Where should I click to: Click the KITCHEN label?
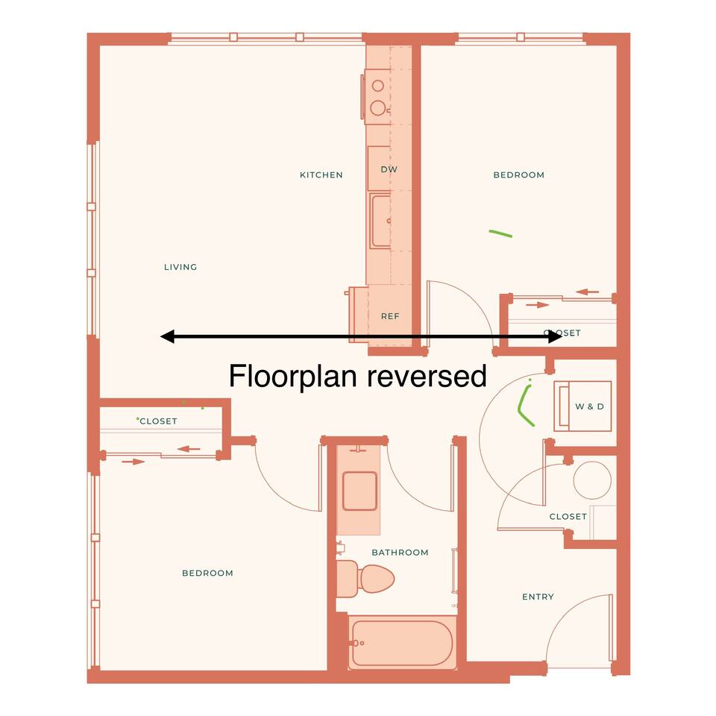tap(321, 175)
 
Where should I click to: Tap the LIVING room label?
tap(180, 267)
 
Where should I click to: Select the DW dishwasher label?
tap(389, 169)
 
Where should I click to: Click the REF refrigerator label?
tap(390, 316)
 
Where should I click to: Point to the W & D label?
tap(589, 406)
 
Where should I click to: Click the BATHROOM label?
tap(400, 553)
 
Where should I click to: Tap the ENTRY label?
tap(538, 597)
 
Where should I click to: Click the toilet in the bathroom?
tap(365, 579)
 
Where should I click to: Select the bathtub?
tap(401, 642)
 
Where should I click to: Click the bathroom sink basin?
tap(359, 491)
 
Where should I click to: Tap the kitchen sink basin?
tap(380, 221)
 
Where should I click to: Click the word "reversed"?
tap(427, 376)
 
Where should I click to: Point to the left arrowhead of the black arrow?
tap(167, 336)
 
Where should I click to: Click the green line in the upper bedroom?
tap(500, 233)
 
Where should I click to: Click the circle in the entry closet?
tap(592, 480)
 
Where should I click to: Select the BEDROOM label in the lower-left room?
tap(207, 573)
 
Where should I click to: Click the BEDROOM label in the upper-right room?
tap(519, 175)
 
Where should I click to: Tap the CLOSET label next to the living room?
tap(158, 421)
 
